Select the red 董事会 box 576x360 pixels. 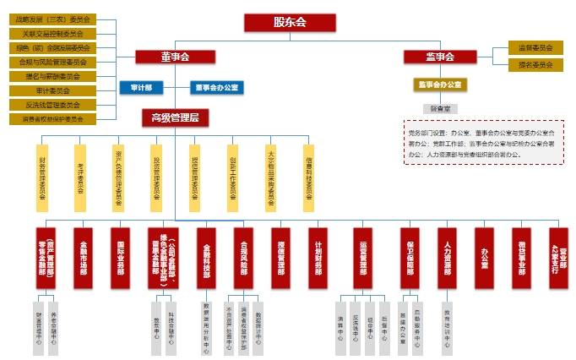(174, 57)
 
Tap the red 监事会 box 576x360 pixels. (440, 57)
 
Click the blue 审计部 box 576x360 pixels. (141, 87)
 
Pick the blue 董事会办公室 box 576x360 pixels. (216, 87)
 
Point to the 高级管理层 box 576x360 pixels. (175, 117)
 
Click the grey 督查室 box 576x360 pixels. (440, 109)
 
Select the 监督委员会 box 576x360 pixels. (535, 48)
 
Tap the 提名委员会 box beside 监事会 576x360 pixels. (535, 64)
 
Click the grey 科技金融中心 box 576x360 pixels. (171, 325)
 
